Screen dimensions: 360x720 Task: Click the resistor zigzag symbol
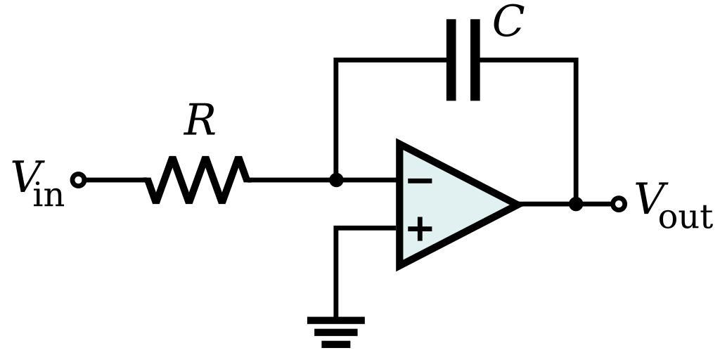[198, 180]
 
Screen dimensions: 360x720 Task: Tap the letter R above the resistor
[199, 121]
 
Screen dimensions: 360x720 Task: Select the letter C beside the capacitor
[507, 22]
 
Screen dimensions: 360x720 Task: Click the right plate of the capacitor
[475, 60]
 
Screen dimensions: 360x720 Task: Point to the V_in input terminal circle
[79, 180]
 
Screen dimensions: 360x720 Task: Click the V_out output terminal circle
[618, 204]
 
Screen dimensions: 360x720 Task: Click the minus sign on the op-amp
[420, 181]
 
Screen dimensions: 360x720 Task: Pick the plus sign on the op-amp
[420, 229]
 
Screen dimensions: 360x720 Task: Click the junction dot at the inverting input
[336, 180]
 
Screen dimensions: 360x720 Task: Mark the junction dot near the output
[576, 204]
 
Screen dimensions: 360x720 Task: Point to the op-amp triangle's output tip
[518, 204]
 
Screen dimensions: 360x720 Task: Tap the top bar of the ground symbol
[336, 321]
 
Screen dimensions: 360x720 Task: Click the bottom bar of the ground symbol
[336, 345]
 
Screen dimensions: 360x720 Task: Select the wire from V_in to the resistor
[116, 180]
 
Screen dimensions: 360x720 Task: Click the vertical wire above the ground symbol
[336, 274]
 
